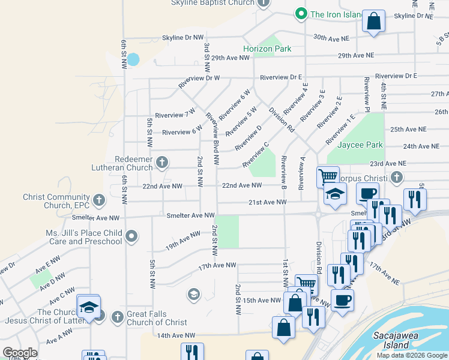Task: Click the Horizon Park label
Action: coord(267,49)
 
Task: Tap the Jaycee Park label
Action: coord(360,145)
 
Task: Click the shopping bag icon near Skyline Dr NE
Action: coord(373,22)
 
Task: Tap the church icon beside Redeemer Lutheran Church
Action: coord(161,162)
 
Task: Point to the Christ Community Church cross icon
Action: coord(99,199)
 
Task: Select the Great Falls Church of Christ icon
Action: coord(117,316)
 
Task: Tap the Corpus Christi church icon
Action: coord(396,178)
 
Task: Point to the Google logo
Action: coord(20,353)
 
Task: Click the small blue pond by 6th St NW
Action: coord(133,59)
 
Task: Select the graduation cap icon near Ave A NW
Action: coord(88,307)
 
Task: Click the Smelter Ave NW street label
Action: coord(190,215)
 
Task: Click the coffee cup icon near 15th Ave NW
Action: coord(342,300)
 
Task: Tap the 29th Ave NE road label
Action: coord(356,55)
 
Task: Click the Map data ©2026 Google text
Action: coord(411,355)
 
